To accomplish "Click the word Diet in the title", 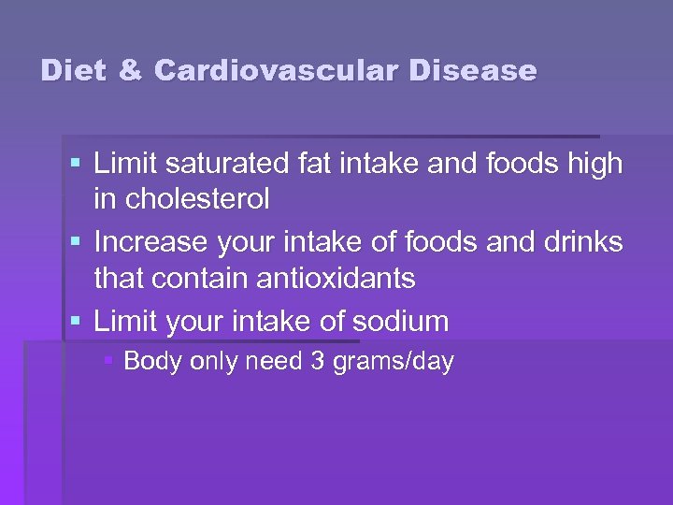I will click(x=72, y=71).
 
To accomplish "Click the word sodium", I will click(x=400, y=322).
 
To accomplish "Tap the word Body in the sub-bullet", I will click(x=151, y=362).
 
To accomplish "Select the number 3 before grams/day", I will click(x=317, y=362).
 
